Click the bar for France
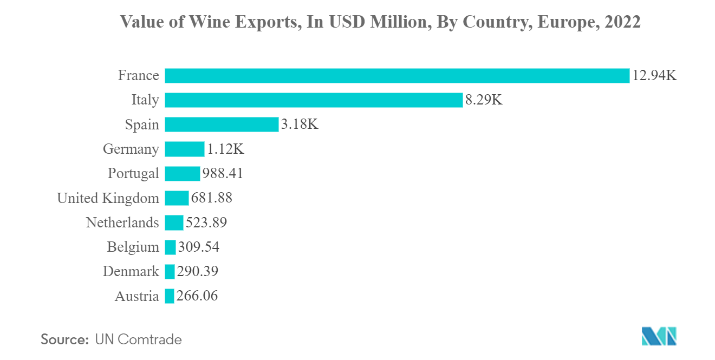pos(397,75)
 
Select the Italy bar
pos(314,100)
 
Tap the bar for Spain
pos(222,125)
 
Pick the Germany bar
pos(185,149)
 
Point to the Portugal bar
pos(183,173)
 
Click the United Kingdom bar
pos(177,198)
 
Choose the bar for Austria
pos(170,296)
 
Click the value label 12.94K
pos(654,75)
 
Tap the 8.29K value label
pos(484,100)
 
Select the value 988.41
pos(223,173)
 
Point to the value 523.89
pos(206,222)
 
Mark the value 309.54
pos(199,247)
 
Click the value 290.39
pos(198,272)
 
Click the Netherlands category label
pos(122,222)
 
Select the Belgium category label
pos(133,247)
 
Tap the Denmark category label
pos(131,272)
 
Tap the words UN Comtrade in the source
pos(138,339)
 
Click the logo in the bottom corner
pos(659,336)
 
